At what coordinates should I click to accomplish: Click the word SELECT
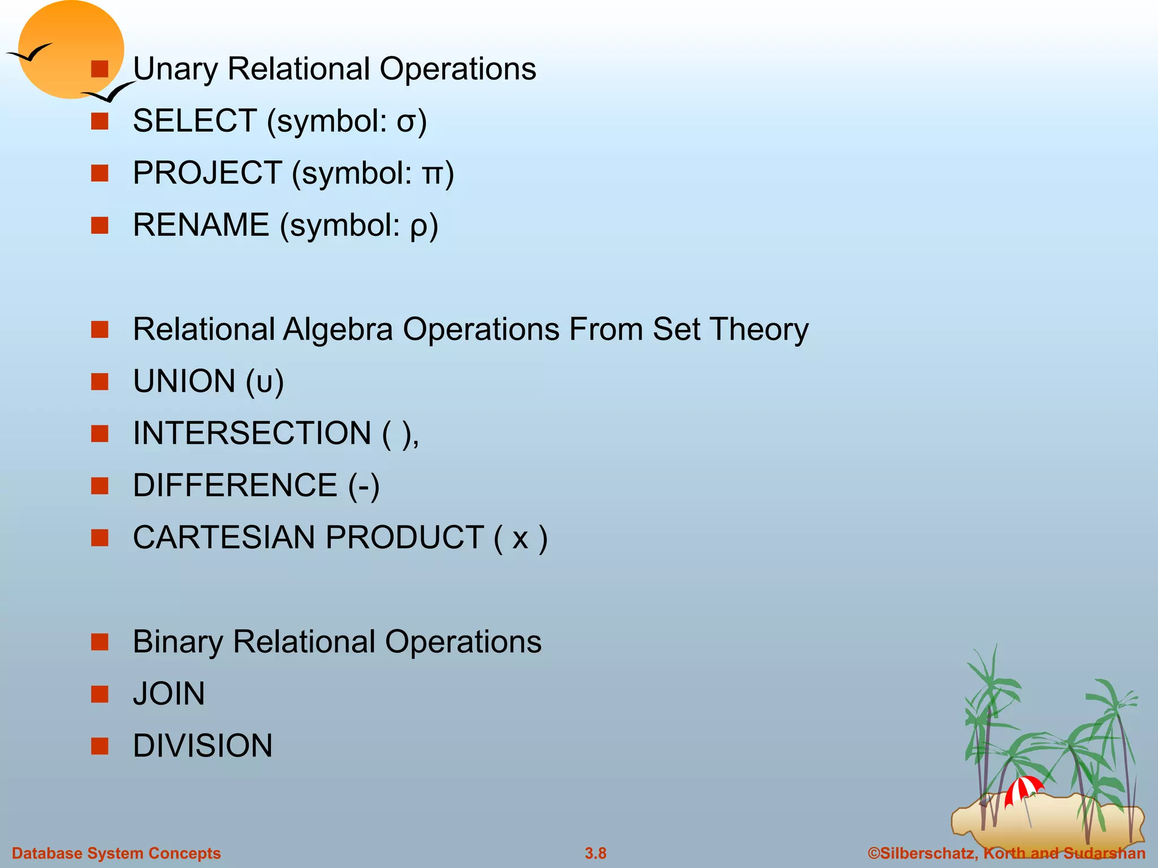tap(195, 121)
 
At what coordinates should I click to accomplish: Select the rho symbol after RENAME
tap(418, 227)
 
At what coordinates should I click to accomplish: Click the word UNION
tap(184, 381)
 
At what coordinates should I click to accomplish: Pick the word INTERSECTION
tap(252, 433)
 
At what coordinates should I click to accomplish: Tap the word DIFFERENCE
tap(235, 485)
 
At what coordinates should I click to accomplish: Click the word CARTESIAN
tap(223, 537)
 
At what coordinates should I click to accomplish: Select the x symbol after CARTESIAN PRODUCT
tap(520, 539)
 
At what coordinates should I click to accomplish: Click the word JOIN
tap(168, 694)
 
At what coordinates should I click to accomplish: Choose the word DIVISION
tap(202, 746)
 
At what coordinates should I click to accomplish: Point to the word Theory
tap(759, 330)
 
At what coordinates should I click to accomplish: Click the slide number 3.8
tap(595, 853)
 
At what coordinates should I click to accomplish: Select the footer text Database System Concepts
tap(116, 853)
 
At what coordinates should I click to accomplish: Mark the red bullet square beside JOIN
tap(100, 694)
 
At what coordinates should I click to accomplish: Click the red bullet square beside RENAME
tap(100, 225)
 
